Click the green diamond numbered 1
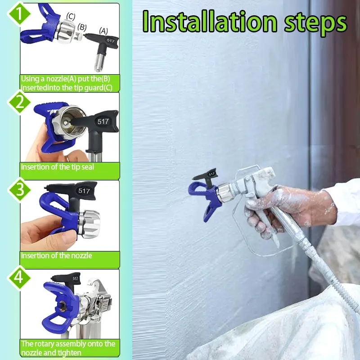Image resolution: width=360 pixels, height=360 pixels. click(x=19, y=14)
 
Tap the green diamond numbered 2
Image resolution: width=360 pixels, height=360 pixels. click(x=19, y=102)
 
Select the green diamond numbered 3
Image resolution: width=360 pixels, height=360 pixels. click(x=19, y=189)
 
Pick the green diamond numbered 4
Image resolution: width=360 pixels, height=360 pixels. click(x=19, y=277)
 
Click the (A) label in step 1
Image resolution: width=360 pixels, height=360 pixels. click(x=103, y=31)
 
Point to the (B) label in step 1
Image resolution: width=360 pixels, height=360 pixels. click(x=82, y=27)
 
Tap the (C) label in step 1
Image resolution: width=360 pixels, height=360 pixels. click(x=71, y=16)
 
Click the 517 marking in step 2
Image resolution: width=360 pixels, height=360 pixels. click(x=103, y=121)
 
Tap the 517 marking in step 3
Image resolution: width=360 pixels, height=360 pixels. click(x=84, y=191)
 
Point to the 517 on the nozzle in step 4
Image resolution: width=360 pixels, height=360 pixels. click(x=75, y=279)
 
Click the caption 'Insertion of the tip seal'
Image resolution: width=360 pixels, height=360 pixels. click(x=58, y=167)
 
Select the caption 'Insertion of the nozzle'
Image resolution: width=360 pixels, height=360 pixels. click(x=57, y=256)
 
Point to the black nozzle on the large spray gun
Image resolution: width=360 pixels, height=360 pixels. click(x=207, y=177)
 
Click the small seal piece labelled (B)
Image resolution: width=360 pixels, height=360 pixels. click(x=79, y=36)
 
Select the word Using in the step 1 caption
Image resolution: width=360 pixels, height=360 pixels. click(x=30, y=79)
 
